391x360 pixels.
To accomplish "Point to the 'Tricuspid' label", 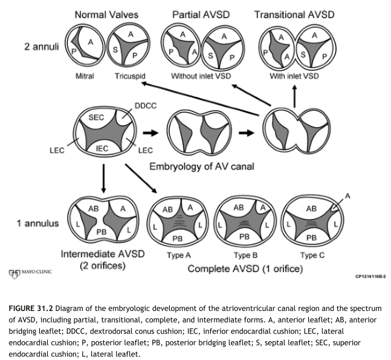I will tap(130, 76).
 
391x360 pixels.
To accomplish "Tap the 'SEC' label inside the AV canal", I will tap(97, 117).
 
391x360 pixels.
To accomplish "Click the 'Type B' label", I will tap(245, 255).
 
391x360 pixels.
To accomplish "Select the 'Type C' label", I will tap(312, 255).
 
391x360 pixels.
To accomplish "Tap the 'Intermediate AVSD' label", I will tap(103, 254).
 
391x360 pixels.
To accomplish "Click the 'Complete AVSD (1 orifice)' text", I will tap(245, 268).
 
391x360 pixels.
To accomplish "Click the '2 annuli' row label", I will tap(41, 46).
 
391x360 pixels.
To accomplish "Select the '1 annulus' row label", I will tap(38, 223).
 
